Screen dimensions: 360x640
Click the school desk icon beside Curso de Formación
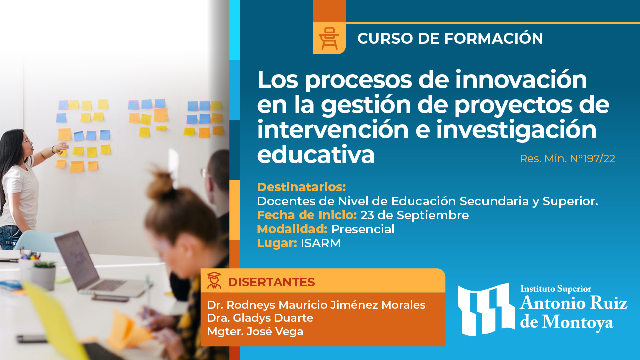point(329,38)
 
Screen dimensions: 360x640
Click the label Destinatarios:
point(301,187)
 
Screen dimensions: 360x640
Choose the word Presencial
point(363,229)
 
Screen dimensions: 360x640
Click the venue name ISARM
point(321,243)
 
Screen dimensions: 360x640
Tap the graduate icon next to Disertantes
point(214,281)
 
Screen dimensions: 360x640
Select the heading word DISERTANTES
point(271,282)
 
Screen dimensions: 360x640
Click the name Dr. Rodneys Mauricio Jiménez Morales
point(316,305)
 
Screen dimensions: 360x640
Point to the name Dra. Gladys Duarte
point(260,318)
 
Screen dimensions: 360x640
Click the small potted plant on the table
point(45,275)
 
